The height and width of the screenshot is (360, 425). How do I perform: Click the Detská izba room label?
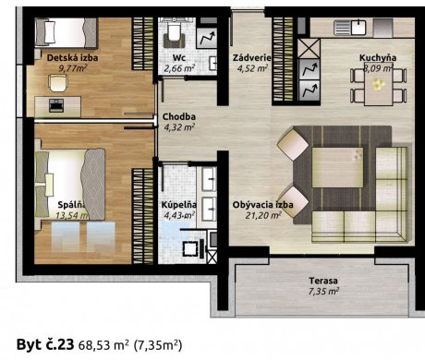[72, 58]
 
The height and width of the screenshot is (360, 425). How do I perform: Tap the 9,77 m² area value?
[73, 68]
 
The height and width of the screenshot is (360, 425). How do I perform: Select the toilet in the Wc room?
[174, 34]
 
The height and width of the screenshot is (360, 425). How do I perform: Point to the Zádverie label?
[251, 58]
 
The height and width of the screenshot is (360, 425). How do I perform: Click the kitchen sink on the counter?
[350, 27]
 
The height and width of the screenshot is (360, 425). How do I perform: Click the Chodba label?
[179, 117]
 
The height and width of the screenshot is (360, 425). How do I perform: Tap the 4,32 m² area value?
[179, 127]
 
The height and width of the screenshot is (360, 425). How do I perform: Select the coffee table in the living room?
[337, 167]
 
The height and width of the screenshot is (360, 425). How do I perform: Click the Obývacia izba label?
[262, 205]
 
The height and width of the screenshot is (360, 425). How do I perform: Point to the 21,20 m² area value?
[263, 215]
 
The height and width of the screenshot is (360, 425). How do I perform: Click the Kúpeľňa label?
[179, 205]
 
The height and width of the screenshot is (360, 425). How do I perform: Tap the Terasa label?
[323, 281]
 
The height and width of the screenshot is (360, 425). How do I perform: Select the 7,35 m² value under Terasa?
[323, 291]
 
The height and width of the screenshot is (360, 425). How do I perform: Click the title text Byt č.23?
[45, 344]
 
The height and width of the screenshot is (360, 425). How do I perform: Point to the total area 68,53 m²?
[103, 345]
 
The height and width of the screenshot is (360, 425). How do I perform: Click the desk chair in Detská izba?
[58, 83]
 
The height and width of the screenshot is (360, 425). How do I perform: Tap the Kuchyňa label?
[378, 58]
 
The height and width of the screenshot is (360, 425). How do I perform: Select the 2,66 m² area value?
[179, 68]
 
